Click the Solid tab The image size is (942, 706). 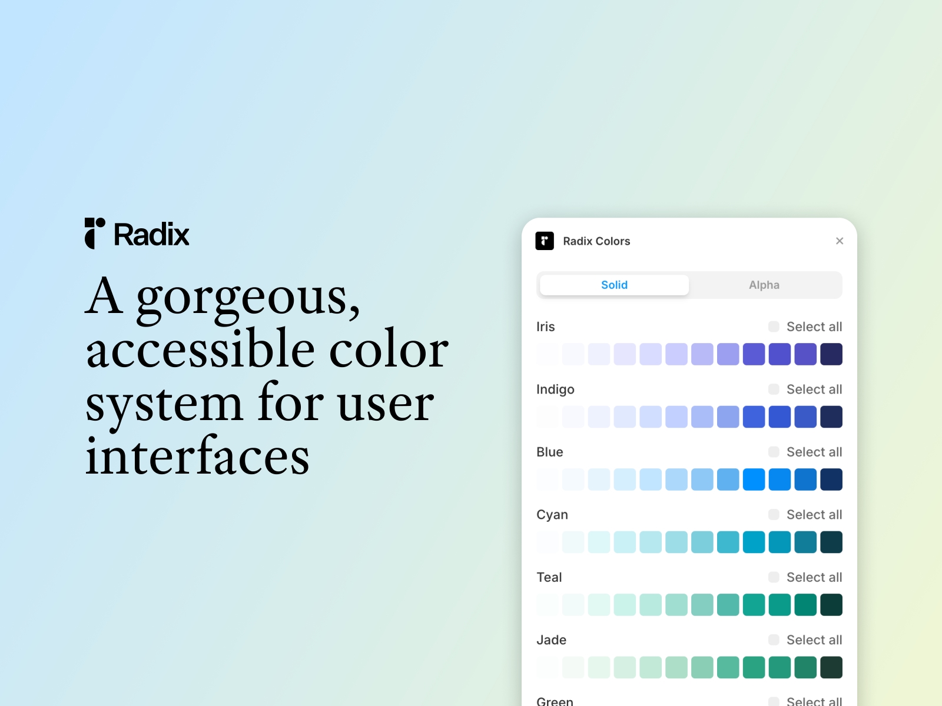pos(614,285)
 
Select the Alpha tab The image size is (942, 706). pos(764,285)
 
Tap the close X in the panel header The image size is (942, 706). pos(840,241)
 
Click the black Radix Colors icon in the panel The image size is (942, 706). pos(545,241)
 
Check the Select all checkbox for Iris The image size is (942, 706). pos(774,327)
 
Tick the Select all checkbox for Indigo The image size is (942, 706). pos(774,389)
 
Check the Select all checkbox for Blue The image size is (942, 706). pos(774,452)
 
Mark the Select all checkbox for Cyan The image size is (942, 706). pos(774,515)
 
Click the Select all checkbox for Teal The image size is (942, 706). pos(774,577)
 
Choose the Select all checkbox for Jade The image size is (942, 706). pos(774,640)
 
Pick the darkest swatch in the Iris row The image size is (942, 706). pos(831,354)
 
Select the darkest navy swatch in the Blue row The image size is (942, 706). pos(831,479)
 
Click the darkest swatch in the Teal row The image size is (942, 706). pos(831,605)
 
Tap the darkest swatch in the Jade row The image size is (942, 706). pos(831,667)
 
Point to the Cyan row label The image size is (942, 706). pos(552,515)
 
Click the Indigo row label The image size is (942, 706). pos(555,389)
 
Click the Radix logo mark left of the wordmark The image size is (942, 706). pos(95,234)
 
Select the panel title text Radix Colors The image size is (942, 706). pos(596,241)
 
